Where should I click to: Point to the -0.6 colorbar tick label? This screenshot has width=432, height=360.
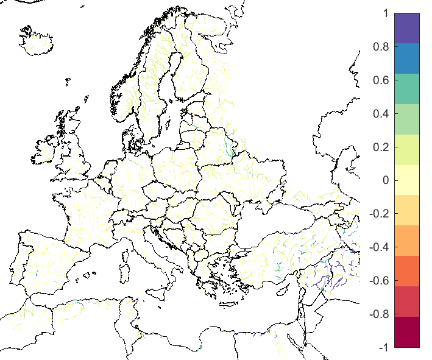tap(379, 281)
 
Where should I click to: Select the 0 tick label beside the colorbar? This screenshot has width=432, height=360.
tap(385, 180)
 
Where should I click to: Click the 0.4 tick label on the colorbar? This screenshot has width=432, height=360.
tap(381, 113)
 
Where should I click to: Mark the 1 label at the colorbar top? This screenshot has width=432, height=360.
tap(385, 13)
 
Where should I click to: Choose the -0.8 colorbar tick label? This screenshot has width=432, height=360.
tap(379, 314)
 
